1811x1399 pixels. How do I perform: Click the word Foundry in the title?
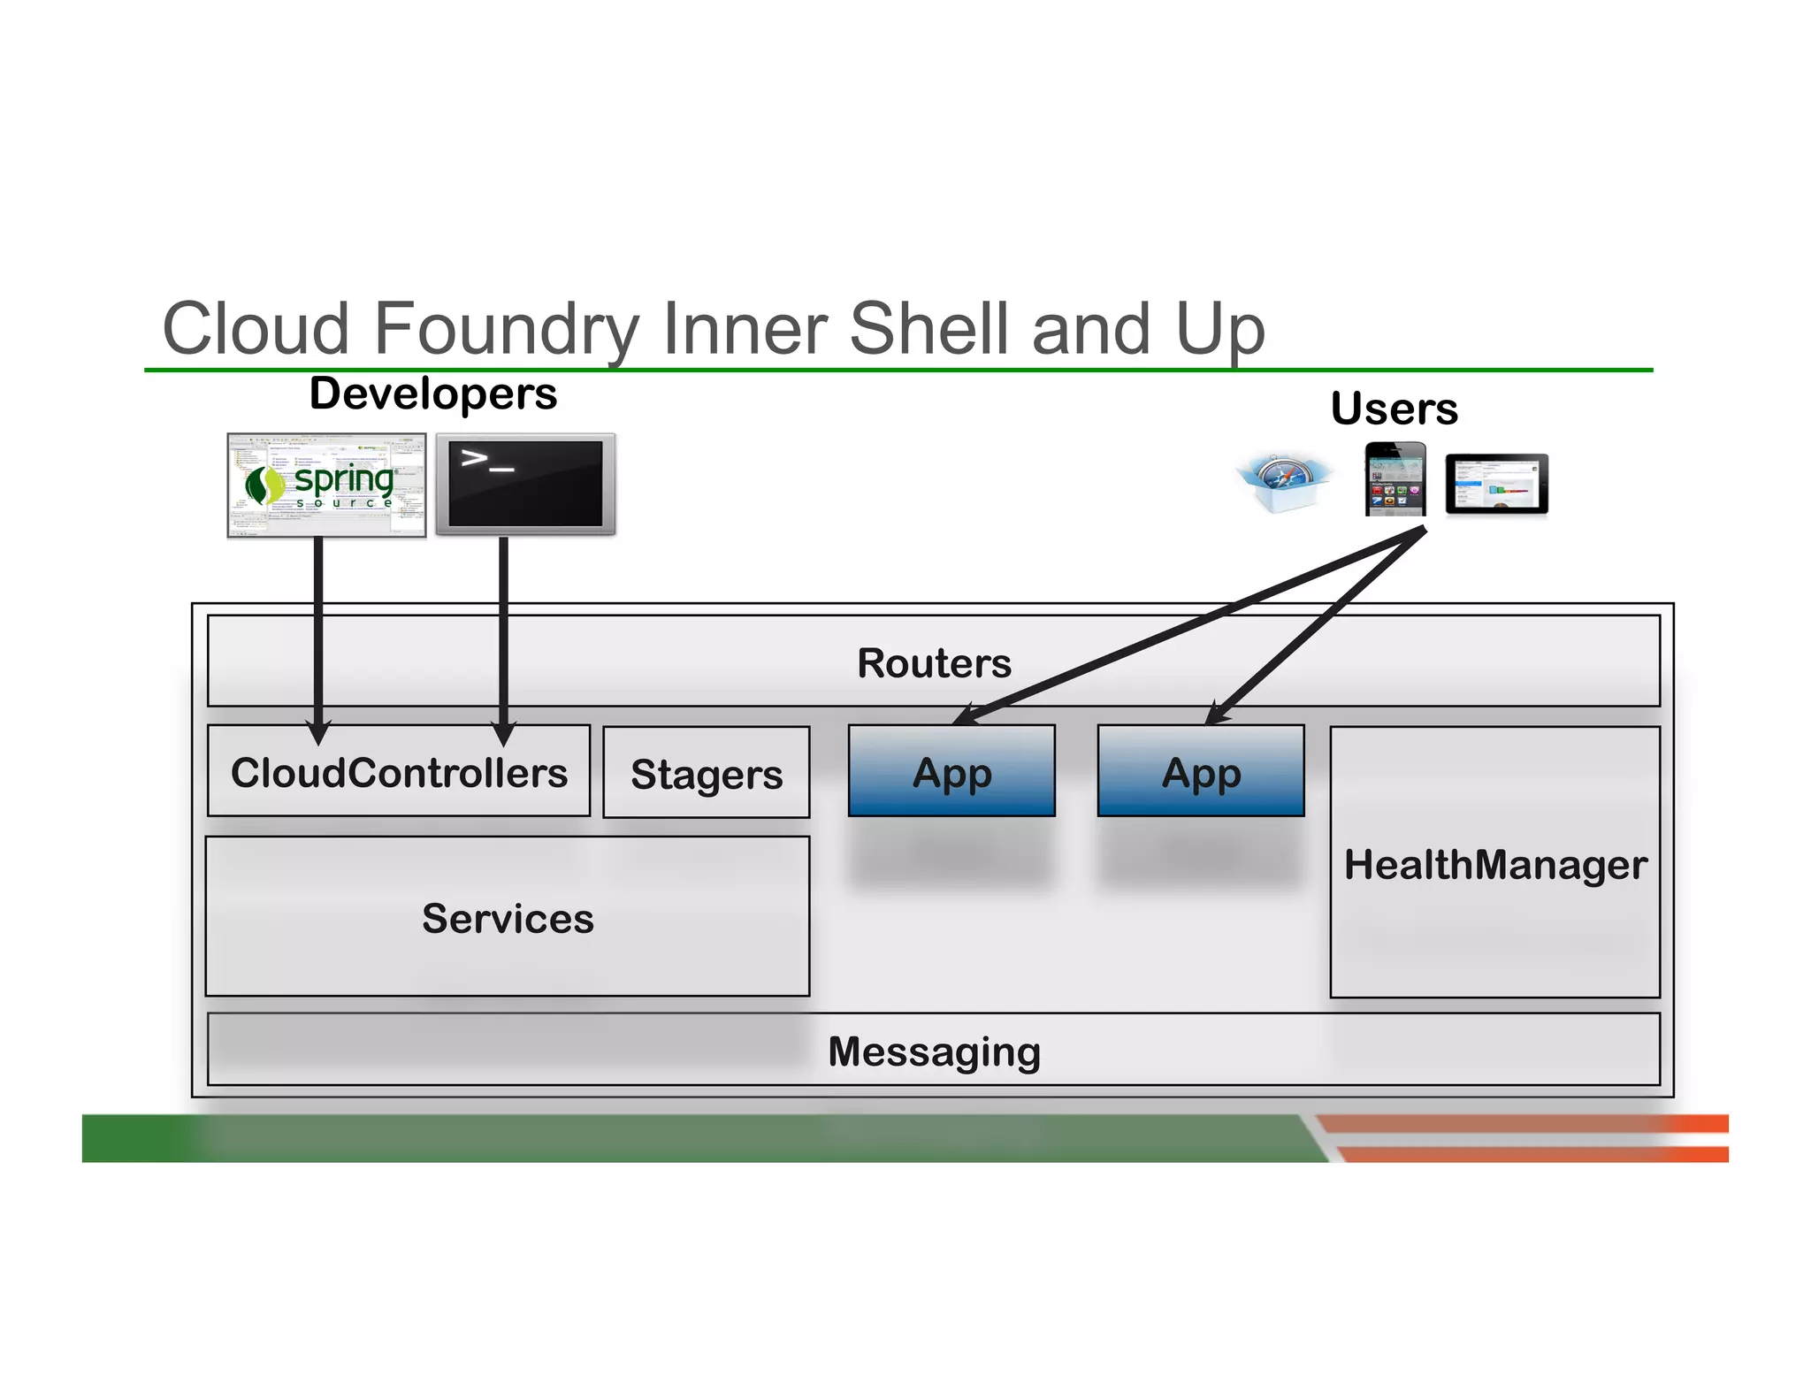(507, 329)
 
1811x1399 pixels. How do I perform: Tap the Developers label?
(432, 394)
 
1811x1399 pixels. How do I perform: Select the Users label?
(1394, 409)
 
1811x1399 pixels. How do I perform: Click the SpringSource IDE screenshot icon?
(326, 485)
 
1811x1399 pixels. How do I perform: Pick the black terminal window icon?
(525, 484)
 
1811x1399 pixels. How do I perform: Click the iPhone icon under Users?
(1395, 479)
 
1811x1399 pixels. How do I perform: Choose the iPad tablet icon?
(1496, 484)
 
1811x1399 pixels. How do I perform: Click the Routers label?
(934, 663)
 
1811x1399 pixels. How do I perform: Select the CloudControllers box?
(399, 772)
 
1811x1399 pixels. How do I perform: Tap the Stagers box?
(706, 774)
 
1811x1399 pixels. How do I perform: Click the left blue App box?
(951, 771)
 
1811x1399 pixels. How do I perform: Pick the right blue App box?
(1200, 771)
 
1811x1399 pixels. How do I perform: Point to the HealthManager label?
(1495, 864)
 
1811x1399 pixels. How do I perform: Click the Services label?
(508, 918)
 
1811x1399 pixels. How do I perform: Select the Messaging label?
(934, 1051)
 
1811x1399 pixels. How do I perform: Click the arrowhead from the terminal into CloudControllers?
(503, 733)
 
